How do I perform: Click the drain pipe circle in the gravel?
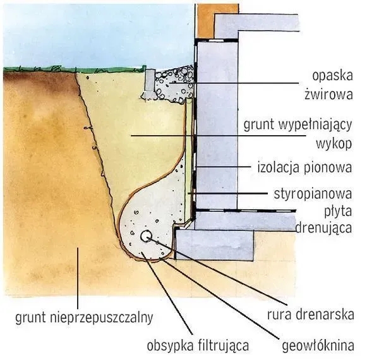(x=146, y=237)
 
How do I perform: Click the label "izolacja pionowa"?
(x=304, y=169)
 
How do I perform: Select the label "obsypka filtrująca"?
(x=198, y=345)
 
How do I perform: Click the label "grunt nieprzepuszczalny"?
(x=84, y=316)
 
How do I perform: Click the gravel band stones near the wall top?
(x=174, y=83)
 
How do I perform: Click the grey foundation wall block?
(x=218, y=126)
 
